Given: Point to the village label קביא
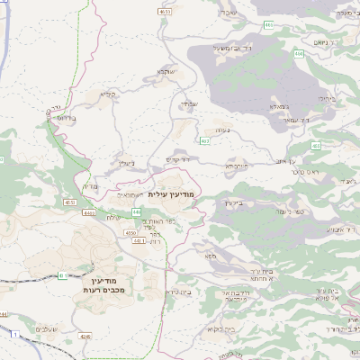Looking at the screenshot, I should [107, 93].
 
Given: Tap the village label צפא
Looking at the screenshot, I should [210, 256].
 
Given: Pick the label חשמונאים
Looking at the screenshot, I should [130, 194].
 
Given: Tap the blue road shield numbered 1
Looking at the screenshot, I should [15, 334].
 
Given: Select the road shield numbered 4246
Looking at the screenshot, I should [85, 337].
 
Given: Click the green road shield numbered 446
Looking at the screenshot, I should [136, 211].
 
